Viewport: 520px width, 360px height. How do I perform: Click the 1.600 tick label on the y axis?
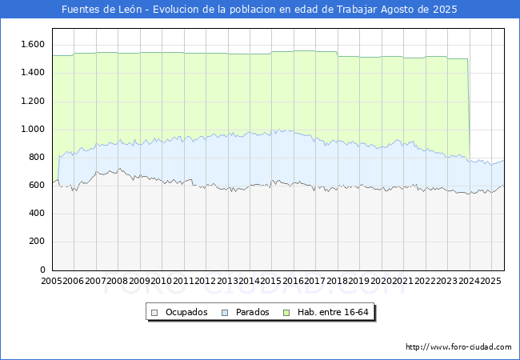(33, 45)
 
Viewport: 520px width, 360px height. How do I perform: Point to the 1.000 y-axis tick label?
(33, 130)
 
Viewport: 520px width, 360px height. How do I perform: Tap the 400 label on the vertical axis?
(37, 213)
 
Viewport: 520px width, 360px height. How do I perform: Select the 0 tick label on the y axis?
(42, 270)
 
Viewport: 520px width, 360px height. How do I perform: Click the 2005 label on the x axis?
(51, 281)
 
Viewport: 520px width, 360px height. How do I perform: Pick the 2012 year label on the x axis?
(206, 281)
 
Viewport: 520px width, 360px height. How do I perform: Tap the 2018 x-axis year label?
(338, 281)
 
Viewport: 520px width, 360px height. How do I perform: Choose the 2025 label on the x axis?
(491, 281)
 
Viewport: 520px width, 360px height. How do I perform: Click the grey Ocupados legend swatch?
(154, 313)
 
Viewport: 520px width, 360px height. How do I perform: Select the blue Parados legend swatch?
(225, 313)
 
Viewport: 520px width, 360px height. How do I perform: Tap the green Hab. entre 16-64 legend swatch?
(286, 313)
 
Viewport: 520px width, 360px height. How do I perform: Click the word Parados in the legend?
(252, 312)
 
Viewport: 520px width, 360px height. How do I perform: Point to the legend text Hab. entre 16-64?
(333, 312)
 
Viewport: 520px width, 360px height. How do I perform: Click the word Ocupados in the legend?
(186, 312)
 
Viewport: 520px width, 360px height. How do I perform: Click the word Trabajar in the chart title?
(357, 10)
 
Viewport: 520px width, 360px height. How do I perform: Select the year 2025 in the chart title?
(445, 10)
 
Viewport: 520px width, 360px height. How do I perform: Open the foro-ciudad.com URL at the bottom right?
(458, 347)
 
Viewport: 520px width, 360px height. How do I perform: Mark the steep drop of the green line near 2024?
(469, 110)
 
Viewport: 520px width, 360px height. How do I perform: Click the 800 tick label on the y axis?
(37, 157)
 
